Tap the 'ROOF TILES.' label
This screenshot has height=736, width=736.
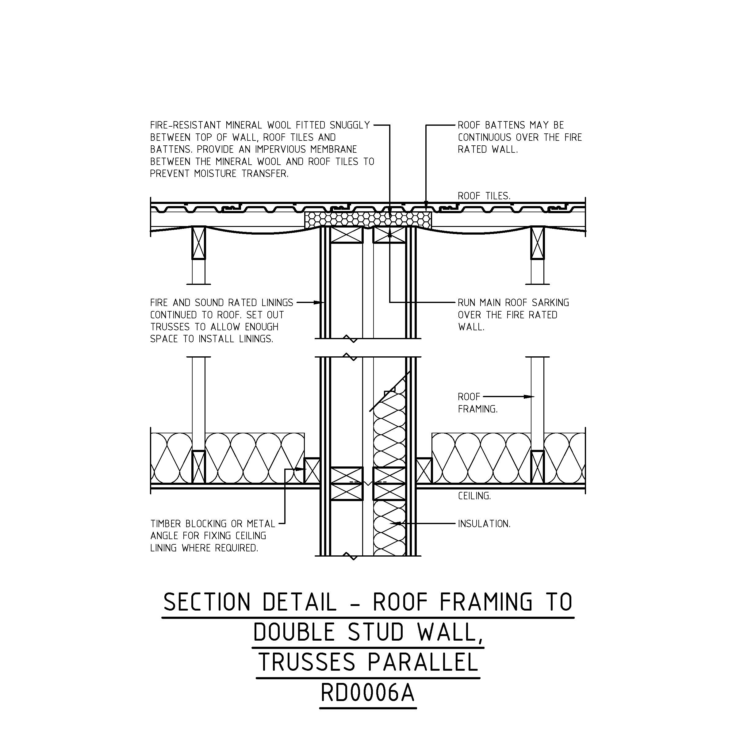click(484, 196)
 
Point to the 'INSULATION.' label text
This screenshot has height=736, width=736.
click(484, 524)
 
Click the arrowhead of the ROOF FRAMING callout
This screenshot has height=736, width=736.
click(530, 397)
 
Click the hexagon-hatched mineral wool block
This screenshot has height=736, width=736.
click(368, 220)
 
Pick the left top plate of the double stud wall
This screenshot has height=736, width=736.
click(346, 235)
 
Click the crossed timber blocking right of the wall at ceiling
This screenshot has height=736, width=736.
click(424, 471)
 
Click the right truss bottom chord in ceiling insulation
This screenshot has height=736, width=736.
click(537, 467)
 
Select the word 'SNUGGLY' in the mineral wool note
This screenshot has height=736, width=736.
click(350, 125)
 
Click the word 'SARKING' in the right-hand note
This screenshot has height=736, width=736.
click(551, 303)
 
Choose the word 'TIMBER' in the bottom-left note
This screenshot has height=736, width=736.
click(166, 524)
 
